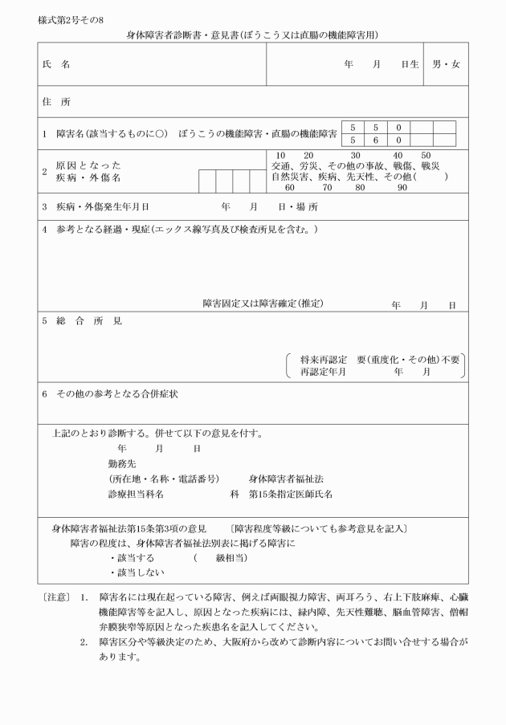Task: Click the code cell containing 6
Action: (x=375, y=141)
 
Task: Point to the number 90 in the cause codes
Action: (x=402, y=187)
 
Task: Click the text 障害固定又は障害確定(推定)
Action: (x=263, y=303)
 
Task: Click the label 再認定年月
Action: (x=323, y=372)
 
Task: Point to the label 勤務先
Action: (x=123, y=464)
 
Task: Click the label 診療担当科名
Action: (x=137, y=495)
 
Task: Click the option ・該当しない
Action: (x=137, y=572)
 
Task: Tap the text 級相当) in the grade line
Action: (x=231, y=557)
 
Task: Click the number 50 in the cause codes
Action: (x=426, y=155)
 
